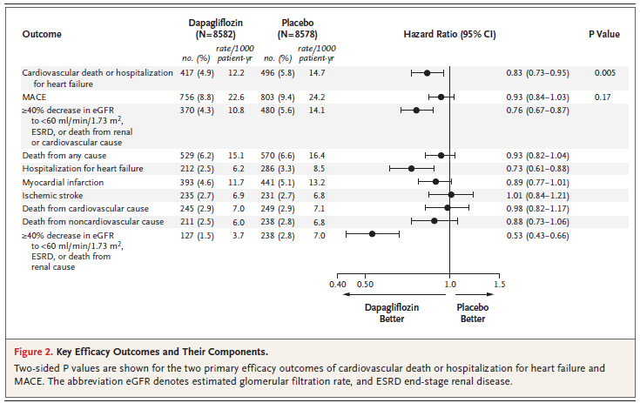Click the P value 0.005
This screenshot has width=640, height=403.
pyautogui.click(x=605, y=73)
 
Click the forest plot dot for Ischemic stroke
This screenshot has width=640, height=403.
pyautogui.click(x=451, y=195)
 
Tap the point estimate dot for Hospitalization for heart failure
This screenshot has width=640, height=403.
pyautogui.click(x=411, y=168)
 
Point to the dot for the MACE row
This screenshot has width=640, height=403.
pyautogui.click(x=441, y=97)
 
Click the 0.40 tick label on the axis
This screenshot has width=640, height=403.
pyautogui.click(x=338, y=285)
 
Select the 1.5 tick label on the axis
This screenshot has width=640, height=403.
pyautogui.click(x=499, y=285)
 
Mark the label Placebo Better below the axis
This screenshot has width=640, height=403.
pyautogui.click(x=474, y=312)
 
